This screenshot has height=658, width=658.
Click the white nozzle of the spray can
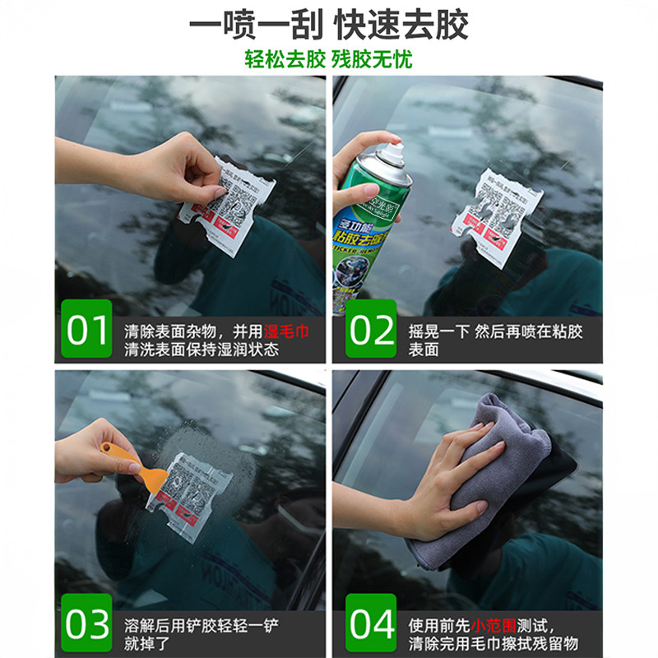[395, 152]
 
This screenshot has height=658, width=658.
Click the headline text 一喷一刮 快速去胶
[329, 25]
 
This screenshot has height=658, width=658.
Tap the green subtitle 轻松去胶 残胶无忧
[329, 59]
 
